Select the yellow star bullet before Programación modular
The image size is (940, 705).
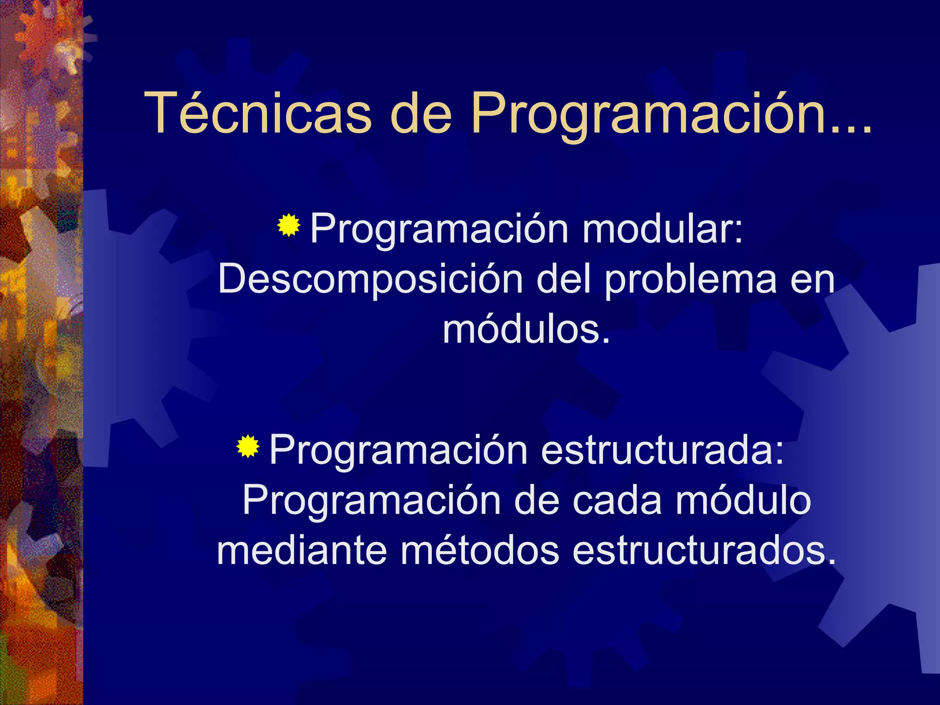[289, 225]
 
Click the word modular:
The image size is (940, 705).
[662, 228]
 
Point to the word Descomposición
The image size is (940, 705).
[370, 279]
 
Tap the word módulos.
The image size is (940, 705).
[526, 330]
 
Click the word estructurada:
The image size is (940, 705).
[662, 450]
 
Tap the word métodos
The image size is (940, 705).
[480, 550]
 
